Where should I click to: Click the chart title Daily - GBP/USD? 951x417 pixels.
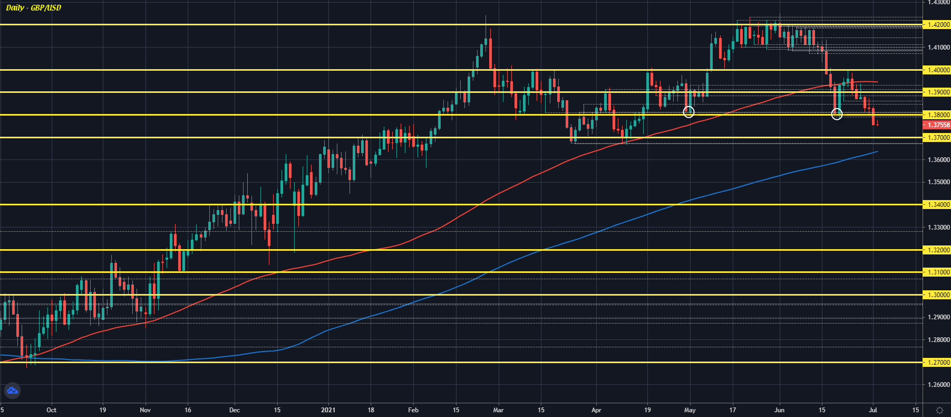click(x=34, y=8)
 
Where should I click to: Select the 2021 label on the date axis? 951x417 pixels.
click(x=328, y=410)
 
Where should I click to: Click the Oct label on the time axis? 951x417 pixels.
click(x=51, y=410)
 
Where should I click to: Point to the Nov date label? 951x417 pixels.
click(x=145, y=410)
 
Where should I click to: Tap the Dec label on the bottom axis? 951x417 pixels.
click(x=235, y=410)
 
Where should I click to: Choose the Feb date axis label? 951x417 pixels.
click(x=413, y=410)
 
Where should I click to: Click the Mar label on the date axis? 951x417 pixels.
click(x=498, y=410)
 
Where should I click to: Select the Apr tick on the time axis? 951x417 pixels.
click(x=596, y=410)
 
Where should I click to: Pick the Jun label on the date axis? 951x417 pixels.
click(x=780, y=410)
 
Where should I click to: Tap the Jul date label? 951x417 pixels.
click(x=873, y=410)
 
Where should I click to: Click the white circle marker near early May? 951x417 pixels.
click(x=688, y=112)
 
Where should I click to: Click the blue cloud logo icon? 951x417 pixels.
click(x=12, y=391)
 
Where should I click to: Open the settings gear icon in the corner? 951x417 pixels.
click(x=939, y=410)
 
